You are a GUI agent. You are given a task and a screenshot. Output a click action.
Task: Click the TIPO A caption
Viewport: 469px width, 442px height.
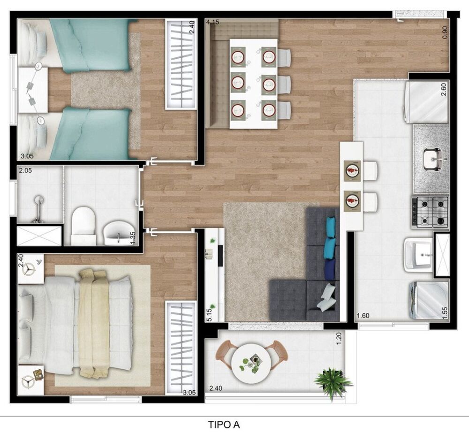point(224,425)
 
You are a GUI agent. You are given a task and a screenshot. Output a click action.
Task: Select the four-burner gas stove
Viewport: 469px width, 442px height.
point(430,212)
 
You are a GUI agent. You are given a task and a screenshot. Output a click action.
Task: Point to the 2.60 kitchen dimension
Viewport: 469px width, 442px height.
point(444,89)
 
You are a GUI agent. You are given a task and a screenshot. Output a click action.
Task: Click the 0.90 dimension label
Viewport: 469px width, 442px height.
point(445,31)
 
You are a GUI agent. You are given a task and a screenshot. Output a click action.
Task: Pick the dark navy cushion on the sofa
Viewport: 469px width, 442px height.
point(330,269)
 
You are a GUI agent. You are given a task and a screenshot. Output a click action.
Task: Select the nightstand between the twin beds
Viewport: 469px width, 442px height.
point(33,90)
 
